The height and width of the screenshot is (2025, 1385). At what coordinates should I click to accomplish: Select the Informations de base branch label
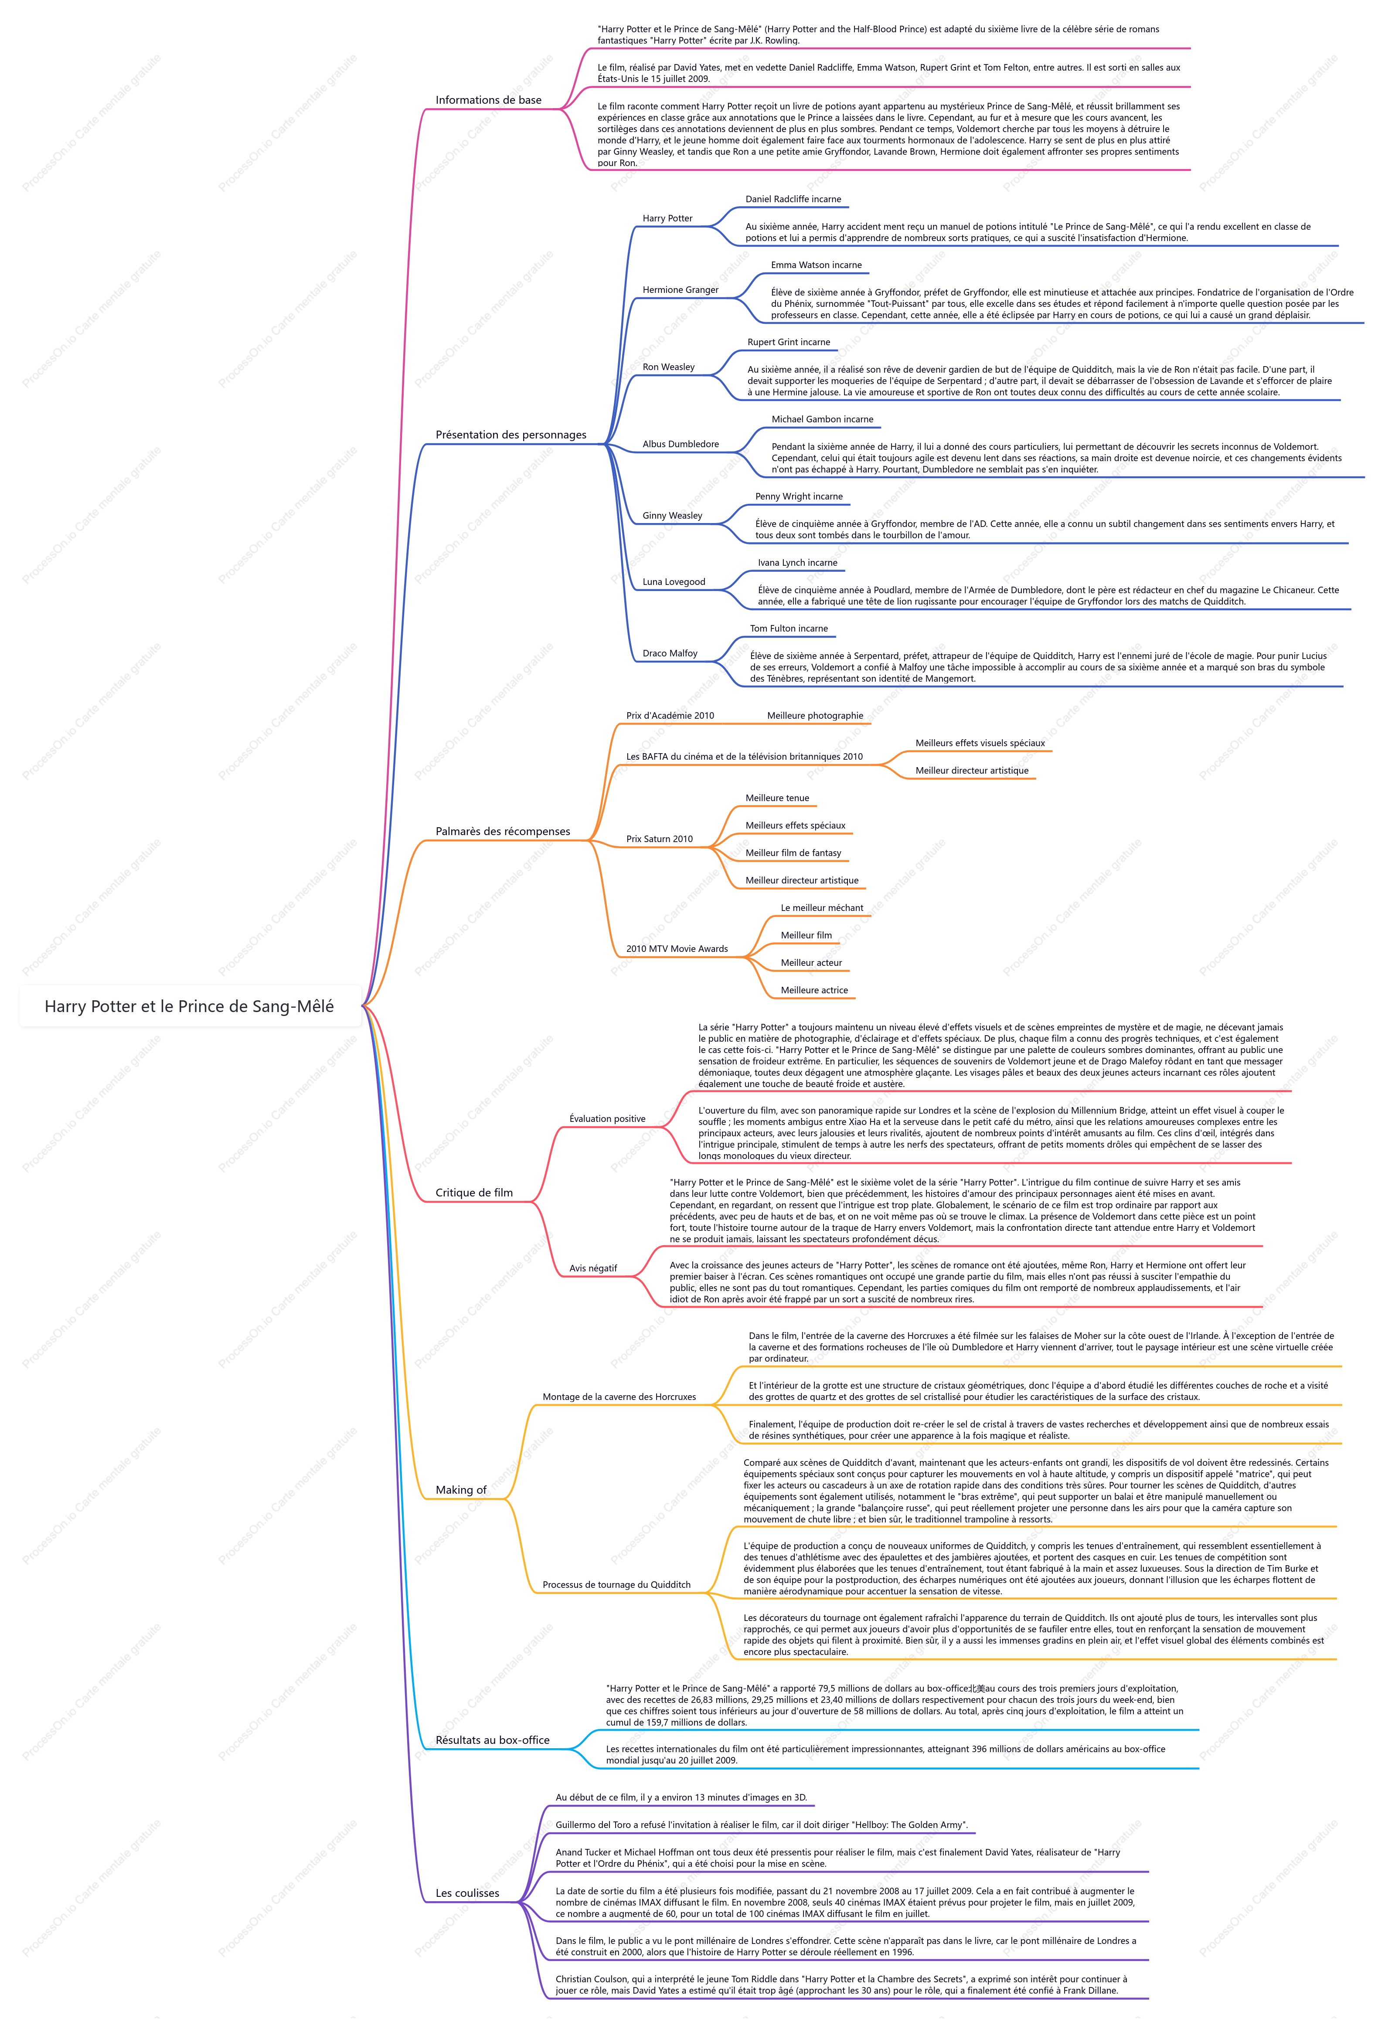(488, 100)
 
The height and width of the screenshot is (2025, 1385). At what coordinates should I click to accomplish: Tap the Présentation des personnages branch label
(511, 435)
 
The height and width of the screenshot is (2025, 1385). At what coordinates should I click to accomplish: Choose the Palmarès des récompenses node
(503, 831)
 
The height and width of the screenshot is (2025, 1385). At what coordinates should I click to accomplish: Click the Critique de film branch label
(474, 1193)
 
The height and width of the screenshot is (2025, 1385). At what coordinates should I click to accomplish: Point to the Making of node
(461, 1490)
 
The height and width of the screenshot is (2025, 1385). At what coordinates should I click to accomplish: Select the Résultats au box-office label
(493, 1740)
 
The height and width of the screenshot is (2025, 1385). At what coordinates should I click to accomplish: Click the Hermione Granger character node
(681, 290)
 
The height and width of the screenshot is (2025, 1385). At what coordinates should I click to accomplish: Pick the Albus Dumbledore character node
(681, 445)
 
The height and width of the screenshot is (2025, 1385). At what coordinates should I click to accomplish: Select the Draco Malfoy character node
(670, 653)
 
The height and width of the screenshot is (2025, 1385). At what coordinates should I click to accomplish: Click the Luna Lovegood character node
(674, 582)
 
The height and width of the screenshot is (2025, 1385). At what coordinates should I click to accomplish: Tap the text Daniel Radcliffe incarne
(793, 200)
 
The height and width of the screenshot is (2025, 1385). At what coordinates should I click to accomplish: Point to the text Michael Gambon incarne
(822, 419)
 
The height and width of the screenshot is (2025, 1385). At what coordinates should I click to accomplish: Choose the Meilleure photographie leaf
(815, 716)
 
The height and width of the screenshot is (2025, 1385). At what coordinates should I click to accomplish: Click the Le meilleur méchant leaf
(822, 908)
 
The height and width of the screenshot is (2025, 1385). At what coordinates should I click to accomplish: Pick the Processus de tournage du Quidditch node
(616, 1585)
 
